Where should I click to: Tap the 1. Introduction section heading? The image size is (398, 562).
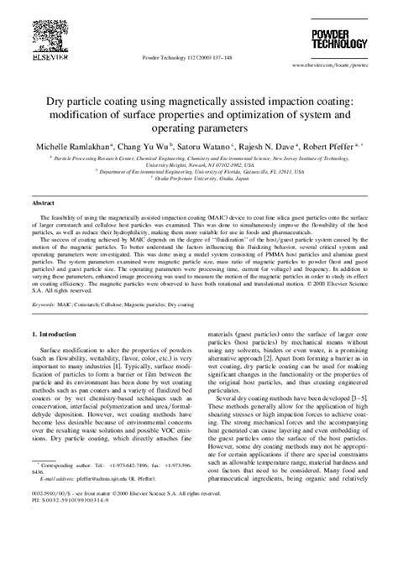57,333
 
